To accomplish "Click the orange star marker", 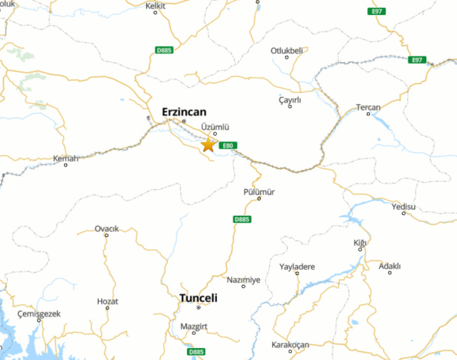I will point(208,144).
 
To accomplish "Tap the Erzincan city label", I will point(184,111).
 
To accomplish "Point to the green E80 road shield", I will point(228,146).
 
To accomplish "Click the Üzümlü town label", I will point(215,126).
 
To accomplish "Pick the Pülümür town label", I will point(259,191).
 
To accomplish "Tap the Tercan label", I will point(368,108).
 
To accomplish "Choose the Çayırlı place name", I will point(290,100).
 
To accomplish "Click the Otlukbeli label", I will point(287,50).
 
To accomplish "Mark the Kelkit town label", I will point(155,6).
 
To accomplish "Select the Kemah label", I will point(66,158).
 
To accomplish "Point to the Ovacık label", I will point(106,229).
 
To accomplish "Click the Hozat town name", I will point(107,301).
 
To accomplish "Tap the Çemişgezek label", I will point(41,314).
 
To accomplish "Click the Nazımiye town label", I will point(243,280).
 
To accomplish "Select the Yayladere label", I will point(297,266).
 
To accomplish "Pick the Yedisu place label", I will point(403,206).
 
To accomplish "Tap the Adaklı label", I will point(390,266).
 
